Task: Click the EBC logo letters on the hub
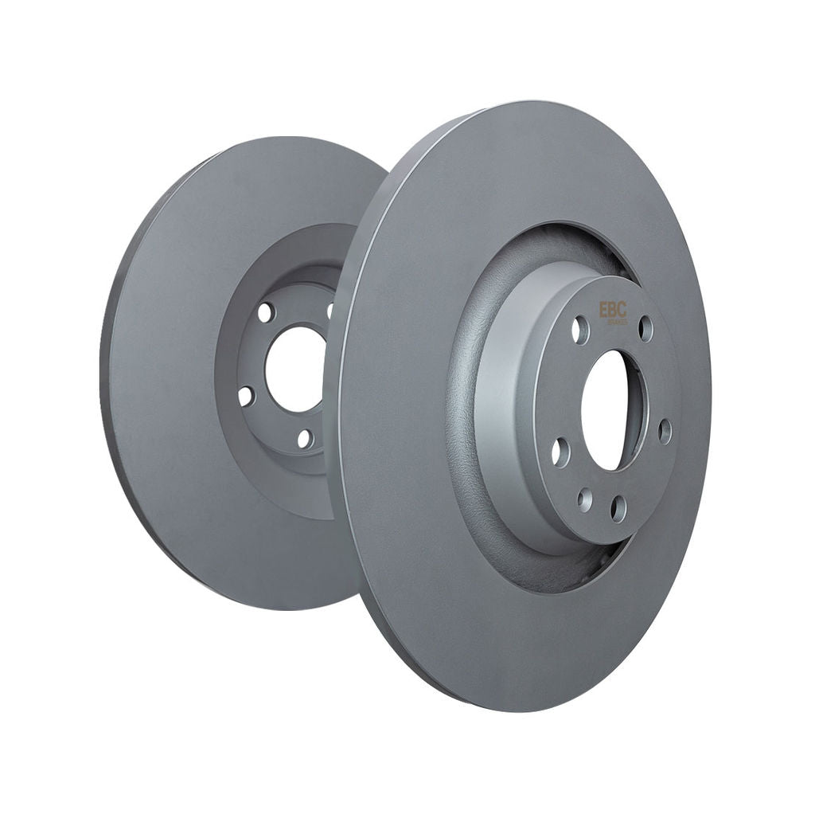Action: (x=613, y=309)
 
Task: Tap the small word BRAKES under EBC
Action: (x=618, y=322)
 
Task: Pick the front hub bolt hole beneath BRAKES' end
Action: (x=645, y=328)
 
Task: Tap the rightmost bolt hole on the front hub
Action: (x=665, y=432)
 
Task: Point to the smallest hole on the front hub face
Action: (x=585, y=499)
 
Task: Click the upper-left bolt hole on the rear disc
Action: (x=266, y=312)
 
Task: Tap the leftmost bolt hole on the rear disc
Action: (x=245, y=395)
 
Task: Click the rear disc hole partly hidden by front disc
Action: (x=330, y=310)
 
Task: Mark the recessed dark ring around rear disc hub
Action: (x=231, y=446)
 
